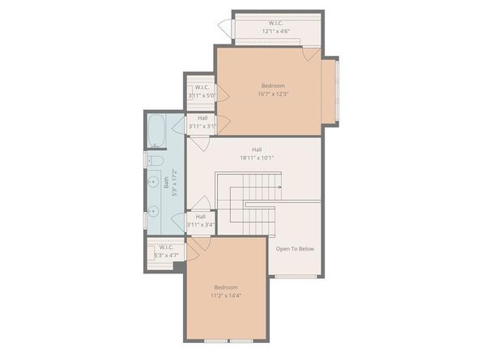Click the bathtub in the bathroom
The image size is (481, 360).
coord(156,131)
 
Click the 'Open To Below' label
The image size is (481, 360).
coord(295,248)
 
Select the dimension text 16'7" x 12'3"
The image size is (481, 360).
coord(275,94)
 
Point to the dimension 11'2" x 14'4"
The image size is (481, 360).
coord(226,295)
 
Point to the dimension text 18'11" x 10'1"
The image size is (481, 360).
coord(257,157)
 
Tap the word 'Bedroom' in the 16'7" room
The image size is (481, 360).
coord(274,85)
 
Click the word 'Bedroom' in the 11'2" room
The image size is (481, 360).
coord(226,287)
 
